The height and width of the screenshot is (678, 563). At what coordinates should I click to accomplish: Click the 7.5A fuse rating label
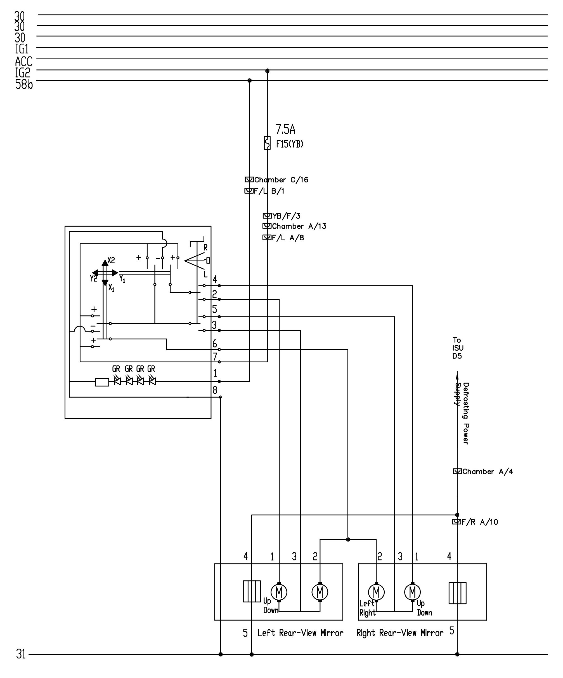click(x=285, y=130)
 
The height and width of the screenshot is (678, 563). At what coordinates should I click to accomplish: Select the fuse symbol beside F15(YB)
click(x=267, y=143)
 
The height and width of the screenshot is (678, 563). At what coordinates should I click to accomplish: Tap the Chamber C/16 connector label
click(x=281, y=180)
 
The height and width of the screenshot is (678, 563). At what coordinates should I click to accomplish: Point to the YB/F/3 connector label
click(x=286, y=216)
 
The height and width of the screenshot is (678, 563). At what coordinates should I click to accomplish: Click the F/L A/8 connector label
click(x=288, y=238)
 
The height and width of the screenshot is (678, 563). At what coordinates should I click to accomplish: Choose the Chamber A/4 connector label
click(x=488, y=472)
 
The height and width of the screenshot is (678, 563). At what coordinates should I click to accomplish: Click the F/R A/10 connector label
click(x=480, y=522)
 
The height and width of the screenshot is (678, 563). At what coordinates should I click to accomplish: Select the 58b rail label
click(x=24, y=84)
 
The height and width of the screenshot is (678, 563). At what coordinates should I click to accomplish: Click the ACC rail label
click(x=23, y=61)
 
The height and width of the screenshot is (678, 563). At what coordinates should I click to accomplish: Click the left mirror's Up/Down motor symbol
click(x=279, y=592)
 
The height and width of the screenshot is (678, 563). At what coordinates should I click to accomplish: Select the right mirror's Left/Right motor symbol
click(x=376, y=592)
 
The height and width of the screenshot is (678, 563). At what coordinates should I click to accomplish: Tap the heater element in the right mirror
click(x=457, y=593)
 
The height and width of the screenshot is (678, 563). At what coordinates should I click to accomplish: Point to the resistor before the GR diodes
click(x=102, y=382)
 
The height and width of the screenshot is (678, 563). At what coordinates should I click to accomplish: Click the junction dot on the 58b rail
click(x=249, y=80)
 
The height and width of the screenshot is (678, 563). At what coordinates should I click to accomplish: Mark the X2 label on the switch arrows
click(x=111, y=260)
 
